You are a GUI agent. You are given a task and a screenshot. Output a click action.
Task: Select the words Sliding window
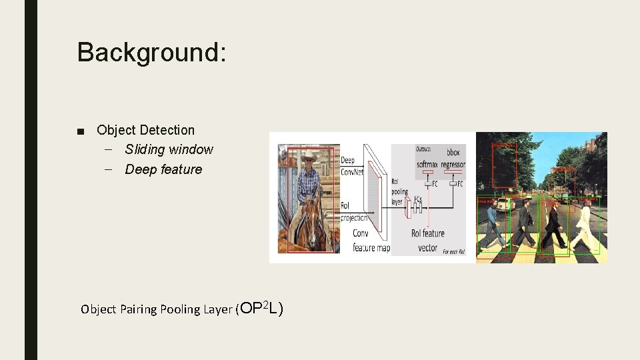pos(169,149)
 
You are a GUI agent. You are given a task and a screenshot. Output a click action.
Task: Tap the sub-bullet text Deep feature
pos(163,169)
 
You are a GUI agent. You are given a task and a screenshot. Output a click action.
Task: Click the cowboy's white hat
pos(310,156)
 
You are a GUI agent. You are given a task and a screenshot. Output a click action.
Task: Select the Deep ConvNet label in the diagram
pos(352,165)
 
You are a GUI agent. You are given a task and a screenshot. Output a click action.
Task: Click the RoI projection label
pos(353,212)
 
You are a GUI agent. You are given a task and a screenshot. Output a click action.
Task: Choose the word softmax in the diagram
pos(427,164)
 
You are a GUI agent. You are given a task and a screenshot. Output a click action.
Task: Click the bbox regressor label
pos(453,158)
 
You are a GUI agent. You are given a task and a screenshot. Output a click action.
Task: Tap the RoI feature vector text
pos(427,240)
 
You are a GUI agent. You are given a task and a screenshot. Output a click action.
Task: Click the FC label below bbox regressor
pos(459,184)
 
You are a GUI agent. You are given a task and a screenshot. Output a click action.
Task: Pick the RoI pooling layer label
pos(397,191)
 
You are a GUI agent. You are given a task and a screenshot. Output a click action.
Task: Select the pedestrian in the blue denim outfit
pos(491,227)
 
